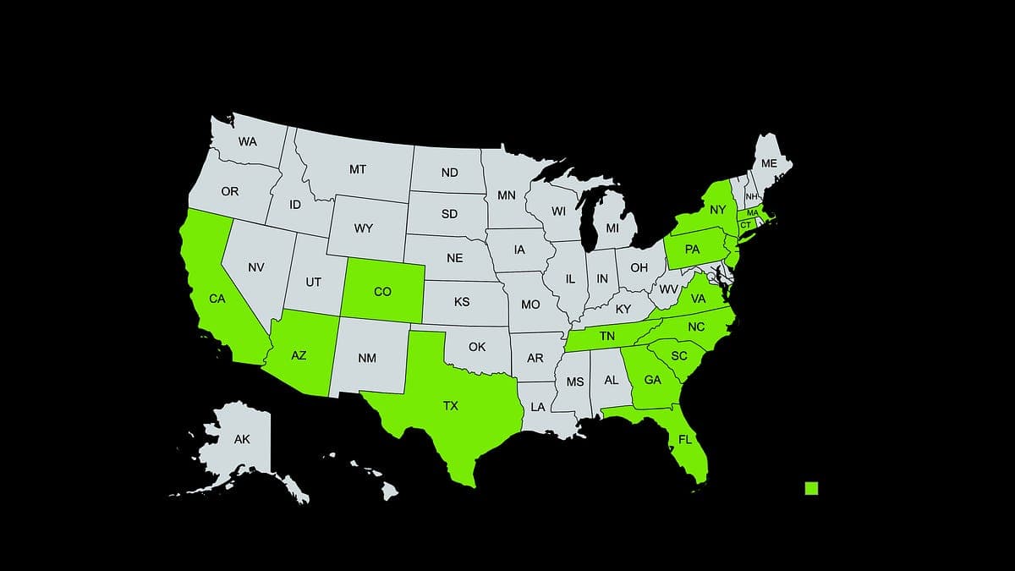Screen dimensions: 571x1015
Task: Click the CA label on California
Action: [217, 298]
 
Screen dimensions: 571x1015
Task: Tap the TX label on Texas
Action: [451, 406]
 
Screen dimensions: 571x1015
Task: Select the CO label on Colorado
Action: [382, 292]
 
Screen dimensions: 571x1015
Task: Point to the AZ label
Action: [299, 355]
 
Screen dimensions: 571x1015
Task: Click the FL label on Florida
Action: [685, 440]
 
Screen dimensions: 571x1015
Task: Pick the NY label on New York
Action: [718, 210]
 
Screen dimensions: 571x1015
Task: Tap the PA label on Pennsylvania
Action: [692, 250]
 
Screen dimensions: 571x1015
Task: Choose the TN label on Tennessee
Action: [606, 336]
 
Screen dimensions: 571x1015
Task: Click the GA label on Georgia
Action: [652, 381]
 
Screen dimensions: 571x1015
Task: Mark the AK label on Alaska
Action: [242, 439]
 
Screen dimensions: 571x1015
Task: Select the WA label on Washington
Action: [247, 142]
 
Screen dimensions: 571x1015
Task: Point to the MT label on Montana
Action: [358, 170]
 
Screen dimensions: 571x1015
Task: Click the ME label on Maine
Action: [769, 163]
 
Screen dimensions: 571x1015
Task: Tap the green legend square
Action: [811, 488]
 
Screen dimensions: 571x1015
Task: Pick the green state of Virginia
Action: [698, 299]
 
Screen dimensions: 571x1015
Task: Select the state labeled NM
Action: [366, 358]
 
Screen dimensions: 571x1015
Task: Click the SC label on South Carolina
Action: [679, 356]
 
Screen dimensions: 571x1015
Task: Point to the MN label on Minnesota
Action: [507, 196]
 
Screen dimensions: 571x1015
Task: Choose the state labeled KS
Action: [462, 302]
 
